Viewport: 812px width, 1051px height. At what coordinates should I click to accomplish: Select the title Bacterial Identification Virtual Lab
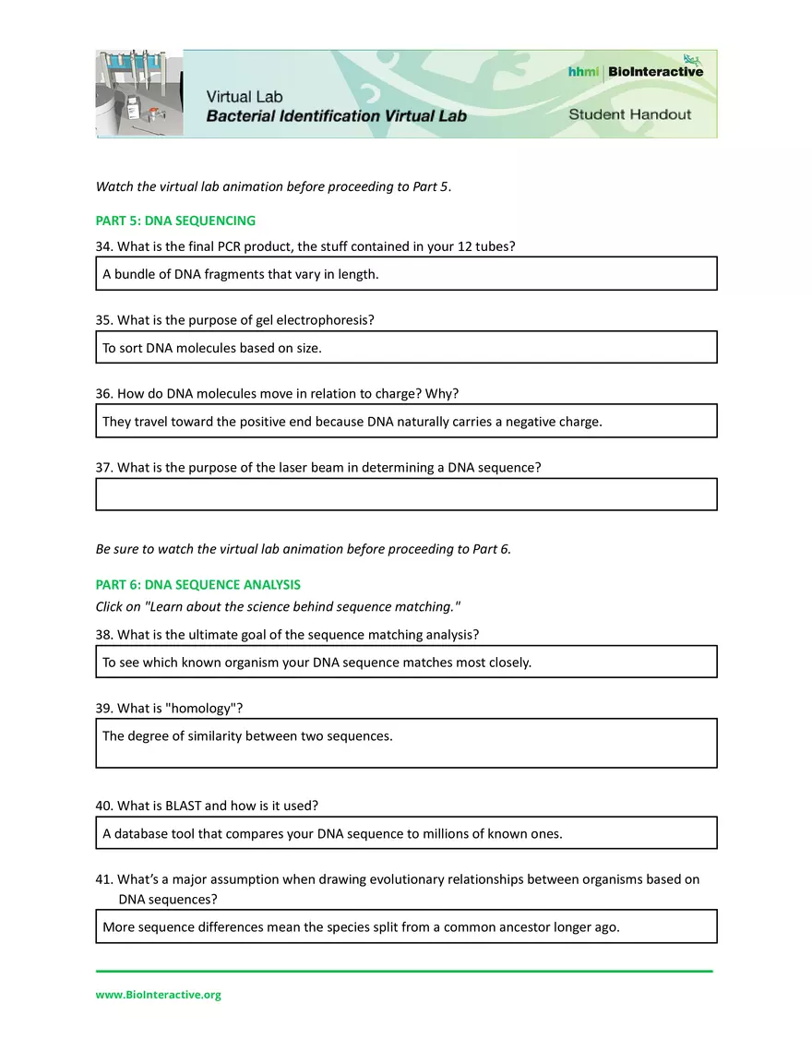click(336, 116)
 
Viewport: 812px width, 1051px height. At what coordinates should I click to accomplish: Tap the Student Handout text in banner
click(629, 114)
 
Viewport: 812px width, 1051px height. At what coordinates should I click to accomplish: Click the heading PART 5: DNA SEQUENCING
click(175, 221)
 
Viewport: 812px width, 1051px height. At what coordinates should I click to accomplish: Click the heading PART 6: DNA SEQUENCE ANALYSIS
click(197, 584)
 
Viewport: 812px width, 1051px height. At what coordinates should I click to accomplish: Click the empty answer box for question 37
click(406, 494)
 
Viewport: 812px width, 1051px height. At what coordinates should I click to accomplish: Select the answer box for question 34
click(406, 274)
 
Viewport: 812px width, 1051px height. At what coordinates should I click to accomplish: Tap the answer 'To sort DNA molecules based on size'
click(211, 348)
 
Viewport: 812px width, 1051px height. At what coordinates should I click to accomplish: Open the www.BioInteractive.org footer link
click(158, 995)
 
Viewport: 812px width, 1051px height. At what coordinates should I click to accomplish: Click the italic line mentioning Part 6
click(303, 548)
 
